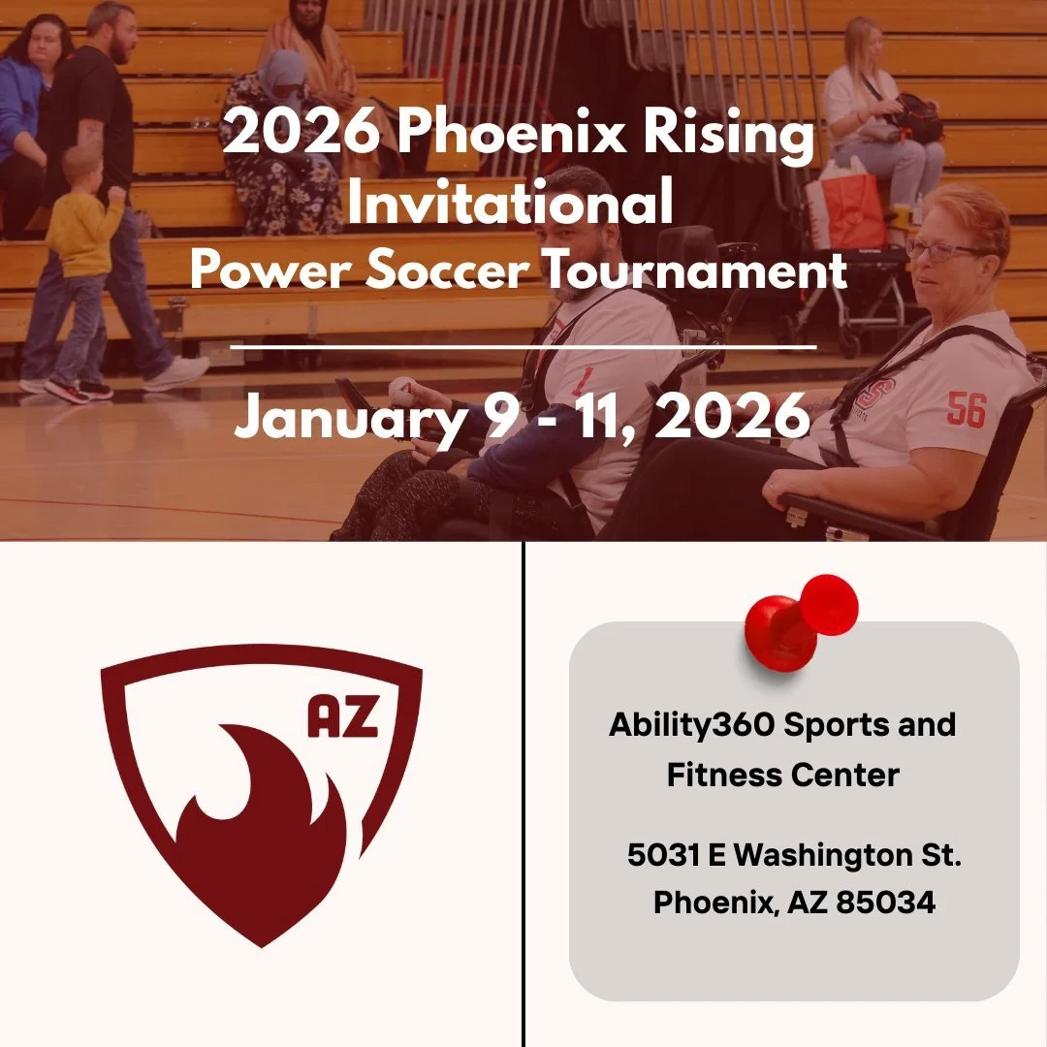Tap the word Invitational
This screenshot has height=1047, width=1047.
(x=511, y=204)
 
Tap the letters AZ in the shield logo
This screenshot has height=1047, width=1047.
(x=342, y=718)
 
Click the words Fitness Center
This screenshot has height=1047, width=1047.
(x=783, y=776)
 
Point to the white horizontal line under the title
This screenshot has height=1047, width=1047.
(x=523, y=345)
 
